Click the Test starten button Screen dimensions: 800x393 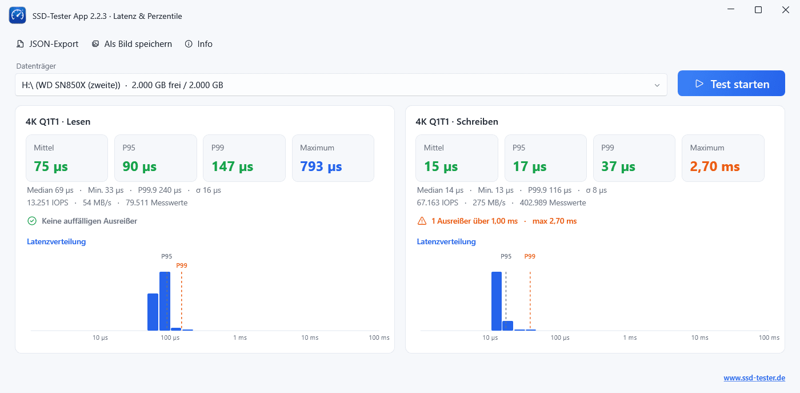[x=731, y=84]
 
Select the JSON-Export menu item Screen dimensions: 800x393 [x=47, y=44]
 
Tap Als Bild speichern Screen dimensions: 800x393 [x=132, y=44]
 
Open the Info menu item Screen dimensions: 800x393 [x=199, y=44]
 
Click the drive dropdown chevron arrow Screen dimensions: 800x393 [x=657, y=85]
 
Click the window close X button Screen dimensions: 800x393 [x=785, y=10]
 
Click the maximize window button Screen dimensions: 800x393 [x=758, y=10]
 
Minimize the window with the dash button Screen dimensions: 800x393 [x=731, y=9]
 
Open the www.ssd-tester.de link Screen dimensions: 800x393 [x=754, y=378]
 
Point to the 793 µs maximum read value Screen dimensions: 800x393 [x=321, y=166]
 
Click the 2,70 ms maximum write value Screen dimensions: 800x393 [x=715, y=166]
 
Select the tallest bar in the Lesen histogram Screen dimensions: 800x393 [x=165, y=301]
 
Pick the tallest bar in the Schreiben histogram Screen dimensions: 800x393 [x=497, y=301]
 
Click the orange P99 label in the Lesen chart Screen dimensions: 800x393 [x=182, y=265]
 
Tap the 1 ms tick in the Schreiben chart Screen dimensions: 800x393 [x=630, y=338]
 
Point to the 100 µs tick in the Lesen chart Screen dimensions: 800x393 [x=170, y=338]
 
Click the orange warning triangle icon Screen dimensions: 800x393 [x=422, y=221]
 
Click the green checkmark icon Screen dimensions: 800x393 [x=32, y=221]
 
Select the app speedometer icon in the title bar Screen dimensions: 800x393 [x=18, y=15]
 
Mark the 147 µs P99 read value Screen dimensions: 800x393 [x=232, y=166]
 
